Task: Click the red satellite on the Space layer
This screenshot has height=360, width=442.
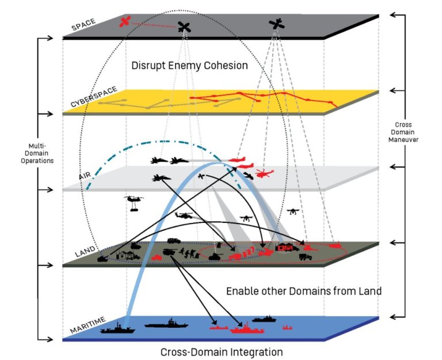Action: pyautogui.click(x=125, y=22)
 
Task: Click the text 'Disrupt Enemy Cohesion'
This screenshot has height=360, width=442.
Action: pyautogui.click(x=190, y=66)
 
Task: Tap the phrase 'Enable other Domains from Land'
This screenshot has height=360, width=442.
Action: pyautogui.click(x=303, y=291)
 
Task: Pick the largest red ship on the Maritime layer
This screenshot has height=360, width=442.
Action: pyautogui.click(x=247, y=330)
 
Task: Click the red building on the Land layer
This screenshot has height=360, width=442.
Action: pyautogui.click(x=286, y=247)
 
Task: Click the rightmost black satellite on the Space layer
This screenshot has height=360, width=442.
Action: pyautogui.click(x=277, y=24)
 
